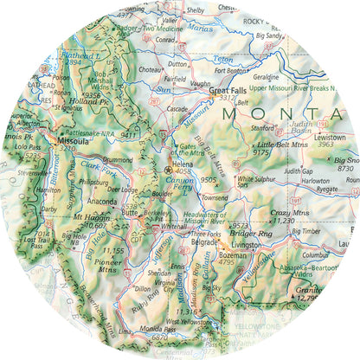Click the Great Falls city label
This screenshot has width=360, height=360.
click(x=228, y=90)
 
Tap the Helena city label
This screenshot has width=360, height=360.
click(x=182, y=162)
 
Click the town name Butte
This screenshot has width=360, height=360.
click(x=130, y=210)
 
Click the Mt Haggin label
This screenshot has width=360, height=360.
click(x=90, y=216)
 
